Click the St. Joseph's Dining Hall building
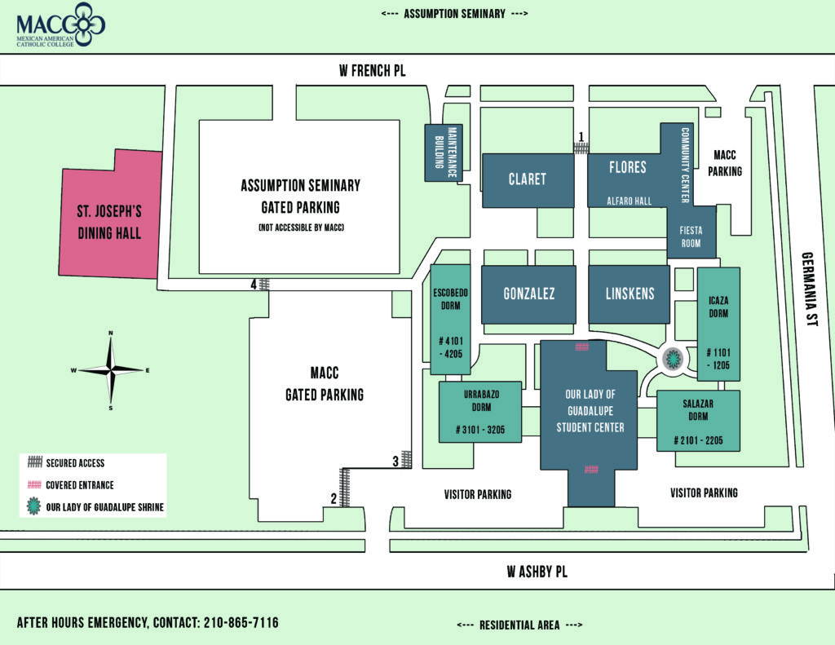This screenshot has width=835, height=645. click(109, 220)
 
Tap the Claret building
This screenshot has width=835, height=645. click(527, 179)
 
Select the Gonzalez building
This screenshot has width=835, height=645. click(528, 294)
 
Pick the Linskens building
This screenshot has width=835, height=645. click(629, 294)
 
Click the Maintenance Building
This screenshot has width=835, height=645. click(443, 152)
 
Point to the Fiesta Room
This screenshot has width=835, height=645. click(691, 235)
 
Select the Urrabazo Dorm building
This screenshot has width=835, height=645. click(480, 412)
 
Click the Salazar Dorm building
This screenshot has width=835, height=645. click(698, 421)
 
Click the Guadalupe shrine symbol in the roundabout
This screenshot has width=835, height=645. click(673, 357)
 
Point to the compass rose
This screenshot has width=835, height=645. click(110, 369)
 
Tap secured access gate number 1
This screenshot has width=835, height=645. click(581, 148)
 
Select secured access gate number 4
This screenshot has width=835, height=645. click(264, 285)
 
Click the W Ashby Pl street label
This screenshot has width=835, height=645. click(536, 572)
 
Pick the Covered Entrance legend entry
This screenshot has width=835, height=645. click(79, 485)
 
